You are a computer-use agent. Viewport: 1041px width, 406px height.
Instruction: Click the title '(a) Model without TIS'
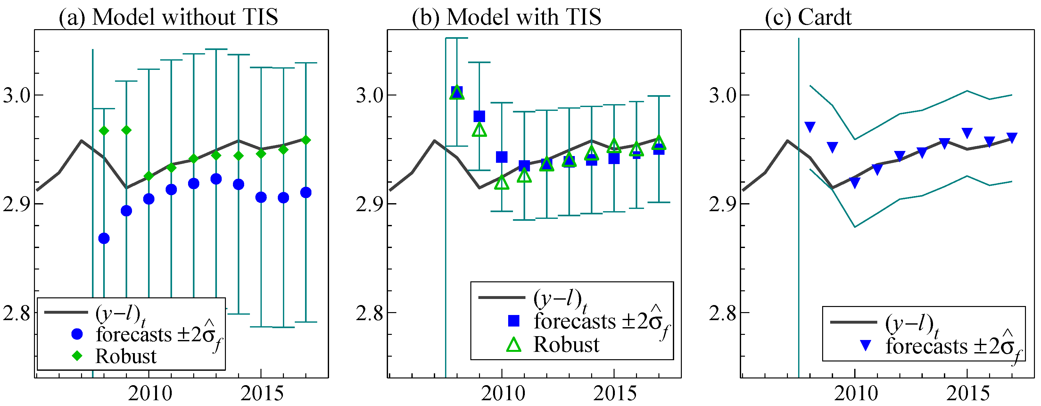[169, 17]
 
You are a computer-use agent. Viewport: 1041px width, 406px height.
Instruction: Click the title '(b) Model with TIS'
[506, 17]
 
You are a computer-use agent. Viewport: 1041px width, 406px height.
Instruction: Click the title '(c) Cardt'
[808, 17]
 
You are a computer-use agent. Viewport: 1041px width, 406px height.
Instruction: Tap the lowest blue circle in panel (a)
[104, 238]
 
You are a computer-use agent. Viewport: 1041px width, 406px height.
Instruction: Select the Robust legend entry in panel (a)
[126, 356]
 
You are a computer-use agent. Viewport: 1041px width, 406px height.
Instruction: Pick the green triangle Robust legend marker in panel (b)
[514, 344]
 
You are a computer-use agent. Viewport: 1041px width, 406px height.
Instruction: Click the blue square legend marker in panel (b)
[514, 321]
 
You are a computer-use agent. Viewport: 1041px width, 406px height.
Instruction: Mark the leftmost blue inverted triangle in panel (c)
[810, 127]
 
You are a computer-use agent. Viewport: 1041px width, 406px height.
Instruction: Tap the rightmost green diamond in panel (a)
[306, 140]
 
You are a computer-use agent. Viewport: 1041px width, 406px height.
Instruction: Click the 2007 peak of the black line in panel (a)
[81, 141]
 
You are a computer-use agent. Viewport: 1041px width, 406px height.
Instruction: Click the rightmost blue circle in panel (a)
[306, 192]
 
